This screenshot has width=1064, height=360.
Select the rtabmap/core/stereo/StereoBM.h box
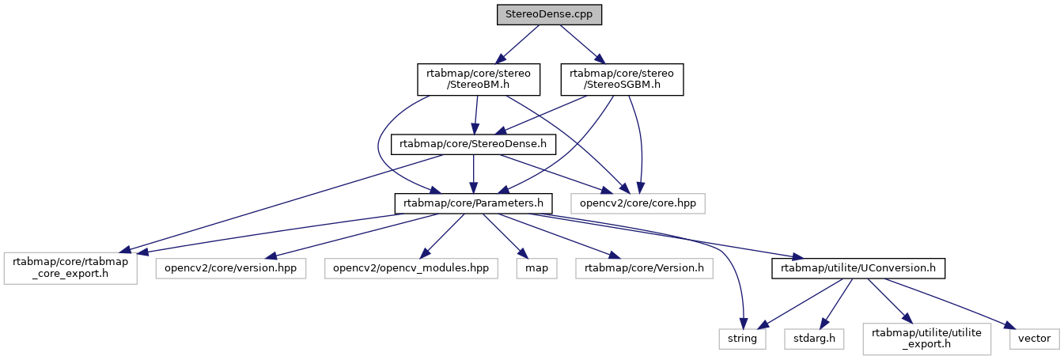click(479, 80)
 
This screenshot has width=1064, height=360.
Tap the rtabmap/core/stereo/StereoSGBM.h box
click(621, 80)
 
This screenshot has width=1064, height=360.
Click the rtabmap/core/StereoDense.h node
click(473, 144)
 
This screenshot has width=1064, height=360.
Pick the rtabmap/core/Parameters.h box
click(472, 203)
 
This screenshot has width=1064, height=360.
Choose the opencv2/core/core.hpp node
click(638, 203)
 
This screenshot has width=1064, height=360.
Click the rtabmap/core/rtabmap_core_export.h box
click(70, 267)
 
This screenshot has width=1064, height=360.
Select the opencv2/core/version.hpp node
click(230, 267)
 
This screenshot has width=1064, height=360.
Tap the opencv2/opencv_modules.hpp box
click(411, 267)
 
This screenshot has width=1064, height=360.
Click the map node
click(536, 267)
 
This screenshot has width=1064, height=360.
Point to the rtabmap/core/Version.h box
click(644, 267)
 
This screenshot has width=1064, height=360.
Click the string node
click(743, 338)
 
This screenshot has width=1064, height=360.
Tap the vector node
click(1033, 338)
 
